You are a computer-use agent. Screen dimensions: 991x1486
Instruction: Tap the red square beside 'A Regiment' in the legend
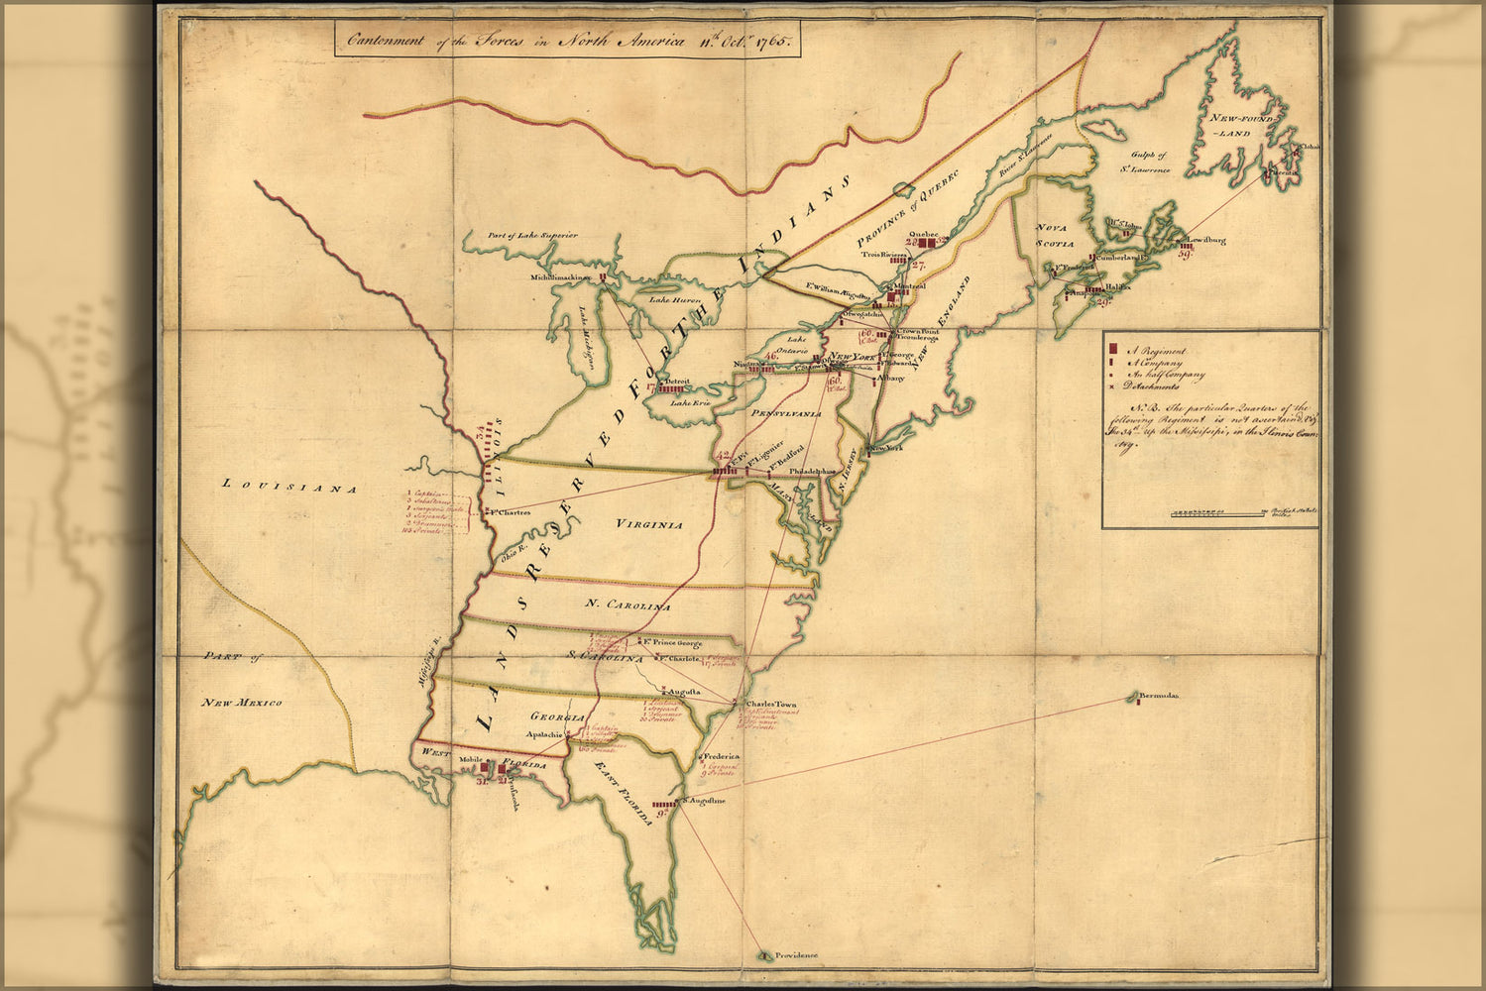coord(1113,349)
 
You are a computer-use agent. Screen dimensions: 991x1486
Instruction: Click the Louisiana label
coord(288,486)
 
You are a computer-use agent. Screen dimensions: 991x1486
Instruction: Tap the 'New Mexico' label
coord(242,703)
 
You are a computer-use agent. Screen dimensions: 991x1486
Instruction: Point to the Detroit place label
coord(677,381)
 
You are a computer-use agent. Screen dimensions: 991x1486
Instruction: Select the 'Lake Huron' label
coord(674,299)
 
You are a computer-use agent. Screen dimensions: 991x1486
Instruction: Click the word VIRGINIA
coord(647,524)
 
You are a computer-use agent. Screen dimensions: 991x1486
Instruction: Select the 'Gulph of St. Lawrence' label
coord(1149,162)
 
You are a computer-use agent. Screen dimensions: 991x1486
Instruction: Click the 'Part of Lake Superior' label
coord(531,235)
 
